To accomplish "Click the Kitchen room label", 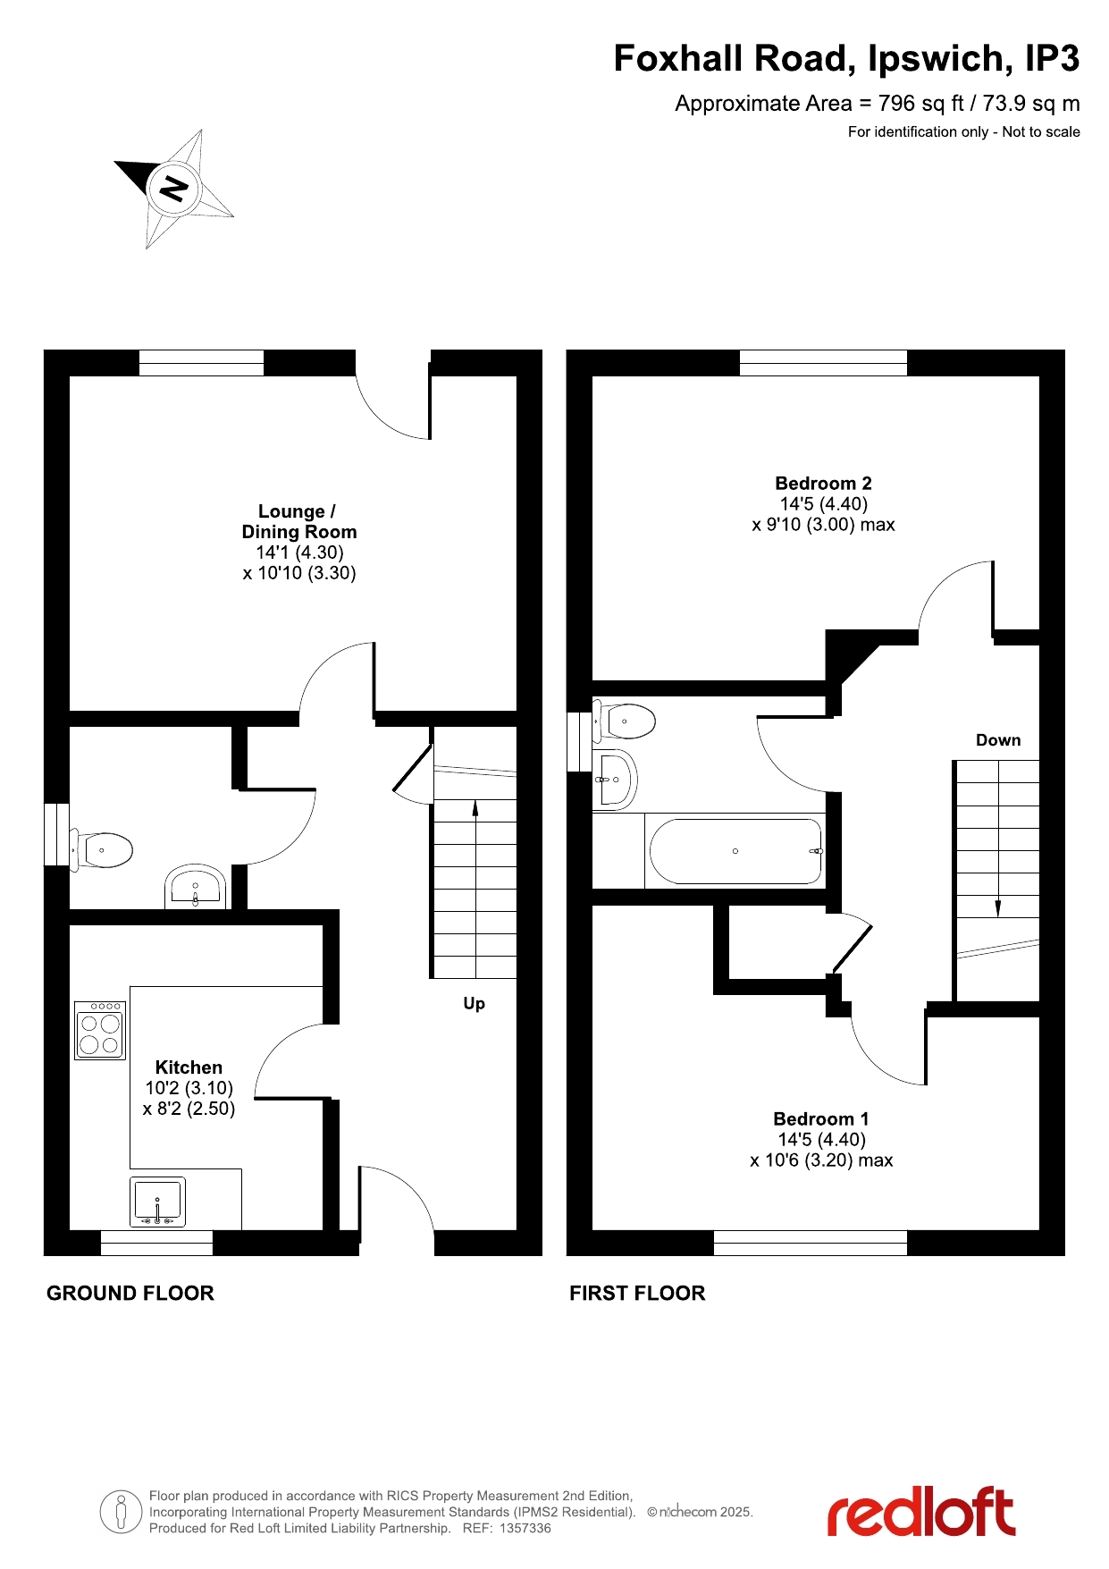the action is [x=189, y=1067].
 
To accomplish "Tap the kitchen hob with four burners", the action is [x=100, y=1030].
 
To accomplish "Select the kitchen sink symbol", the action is [x=158, y=1202].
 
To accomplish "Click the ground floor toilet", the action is [x=101, y=849].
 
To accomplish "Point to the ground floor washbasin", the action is [x=195, y=886].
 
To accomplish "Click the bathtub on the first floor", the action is [x=735, y=851].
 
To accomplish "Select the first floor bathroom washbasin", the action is [x=615, y=780].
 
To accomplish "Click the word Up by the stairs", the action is [x=474, y=1004].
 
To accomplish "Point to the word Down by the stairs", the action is [x=998, y=740].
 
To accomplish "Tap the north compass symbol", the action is [x=174, y=189].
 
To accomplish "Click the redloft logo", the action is [x=921, y=1512].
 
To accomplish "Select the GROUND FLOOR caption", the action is [x=130, y=1293].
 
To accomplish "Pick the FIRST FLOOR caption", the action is [x=637, y=1293].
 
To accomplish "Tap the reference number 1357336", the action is [x=525, y=1528].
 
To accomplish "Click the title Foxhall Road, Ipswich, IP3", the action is [x=846, y=59].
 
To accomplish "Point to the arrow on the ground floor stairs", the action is [x=475, y=809].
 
